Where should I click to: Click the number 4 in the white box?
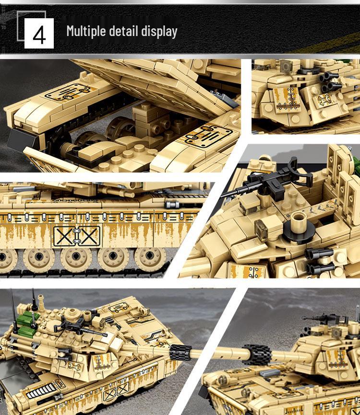point(39,34)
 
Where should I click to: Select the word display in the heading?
point(159,32)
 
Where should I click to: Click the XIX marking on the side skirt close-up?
point(76,235)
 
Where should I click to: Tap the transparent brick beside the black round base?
point(263,227)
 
